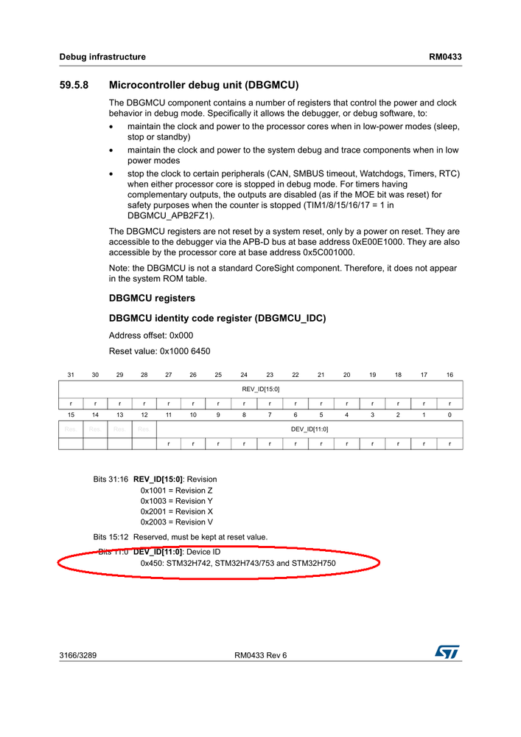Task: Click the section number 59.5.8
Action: (x=74, y=85)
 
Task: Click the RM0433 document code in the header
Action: (x=446, y=57)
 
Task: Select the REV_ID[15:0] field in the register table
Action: (x=260, y=389)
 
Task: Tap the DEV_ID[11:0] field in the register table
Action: (x=310, y=429)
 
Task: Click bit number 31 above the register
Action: (x=71, y=375)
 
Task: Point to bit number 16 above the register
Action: (x=450, y=375)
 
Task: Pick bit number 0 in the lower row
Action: (x=450, y=415)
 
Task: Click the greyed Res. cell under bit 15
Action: (x=71, y=429)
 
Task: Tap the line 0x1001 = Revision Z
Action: (x=177, y=490)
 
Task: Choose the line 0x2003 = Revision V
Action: (x=177, y=522)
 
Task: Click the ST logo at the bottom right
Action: (x=447, y=651)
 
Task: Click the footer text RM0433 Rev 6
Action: (x=260, y=655)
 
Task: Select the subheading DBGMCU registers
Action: (x=152, y=298)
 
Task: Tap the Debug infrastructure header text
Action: (x=102, y=57)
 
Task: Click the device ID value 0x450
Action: (x=152, y=563)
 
